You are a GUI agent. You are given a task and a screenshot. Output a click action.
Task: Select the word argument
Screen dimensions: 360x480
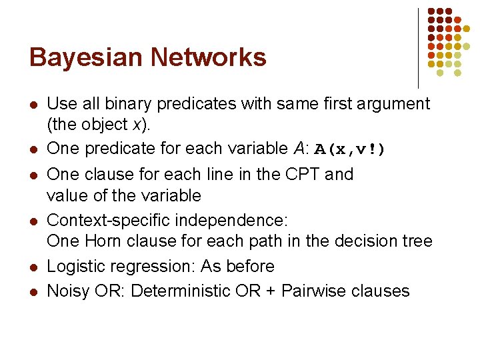point(393,104)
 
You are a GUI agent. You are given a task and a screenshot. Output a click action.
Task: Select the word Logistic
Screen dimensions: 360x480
point(75,266)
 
